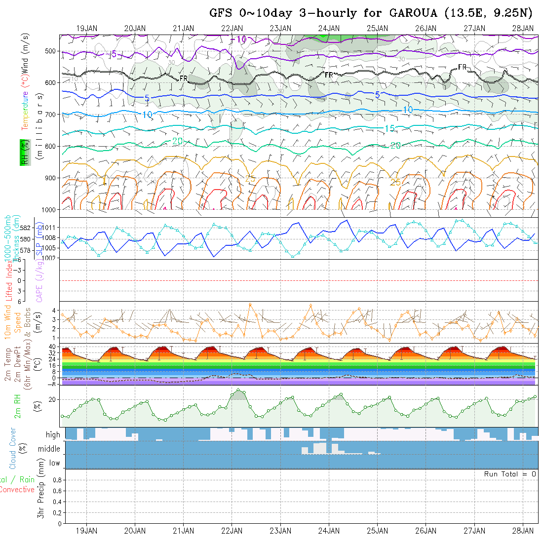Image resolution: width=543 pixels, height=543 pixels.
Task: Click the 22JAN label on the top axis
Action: pos(232,28)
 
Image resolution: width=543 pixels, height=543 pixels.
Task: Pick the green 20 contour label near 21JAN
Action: pos(178,141)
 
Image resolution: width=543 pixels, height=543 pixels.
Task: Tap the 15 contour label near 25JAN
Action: pos(389,128)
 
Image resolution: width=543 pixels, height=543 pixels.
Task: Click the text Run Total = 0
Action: pos(510,474)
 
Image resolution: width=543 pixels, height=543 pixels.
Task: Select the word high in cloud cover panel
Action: pos(53,435)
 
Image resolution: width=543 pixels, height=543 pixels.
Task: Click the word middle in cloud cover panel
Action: pos(49,449)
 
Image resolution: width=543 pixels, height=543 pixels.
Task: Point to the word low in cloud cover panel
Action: pos(54,463)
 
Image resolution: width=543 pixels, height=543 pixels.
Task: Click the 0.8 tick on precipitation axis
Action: pos(56,480)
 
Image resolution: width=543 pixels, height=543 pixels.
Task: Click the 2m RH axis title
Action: pos(18,406)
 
